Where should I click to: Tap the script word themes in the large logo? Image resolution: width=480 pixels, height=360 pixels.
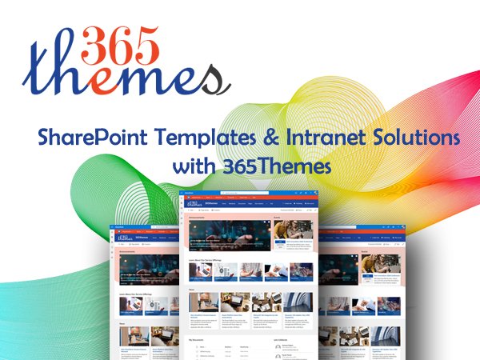coord(120,78)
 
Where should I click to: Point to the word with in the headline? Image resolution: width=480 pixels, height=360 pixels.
coord(190,168)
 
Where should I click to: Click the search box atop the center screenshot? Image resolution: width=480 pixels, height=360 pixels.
coord(243,195)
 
